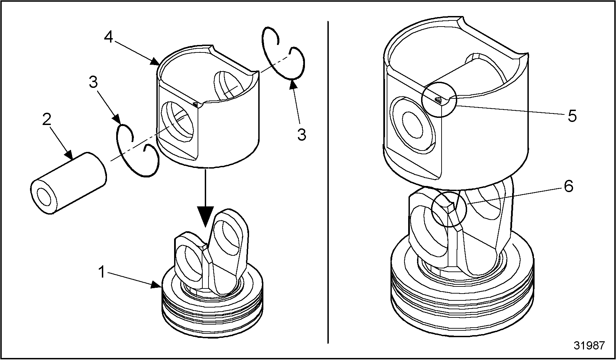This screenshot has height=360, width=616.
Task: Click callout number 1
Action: tap(102, 272)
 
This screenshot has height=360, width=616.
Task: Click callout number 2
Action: tap(47, 120)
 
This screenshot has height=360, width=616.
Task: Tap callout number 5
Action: tap(572, 116)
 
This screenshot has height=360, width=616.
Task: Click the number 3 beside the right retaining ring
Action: tap(301, 135)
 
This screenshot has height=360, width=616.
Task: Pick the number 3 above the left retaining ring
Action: tap(93, 82)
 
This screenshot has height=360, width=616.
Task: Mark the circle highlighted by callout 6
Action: tap(448, 209)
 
